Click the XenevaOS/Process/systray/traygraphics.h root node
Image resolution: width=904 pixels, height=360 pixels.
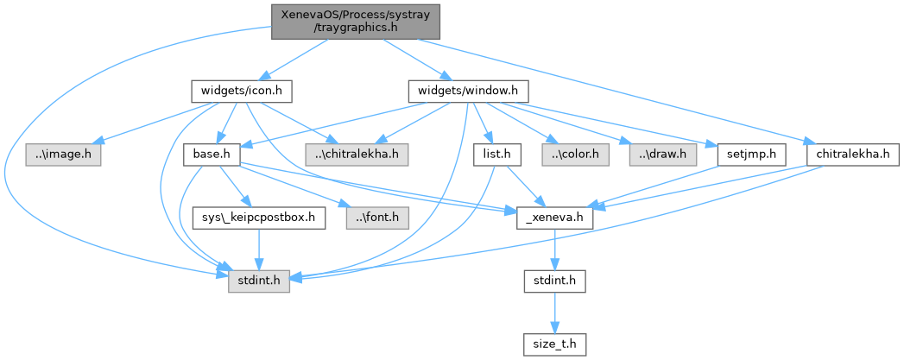point(356,21)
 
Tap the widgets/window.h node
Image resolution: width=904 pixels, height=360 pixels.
point(467,90)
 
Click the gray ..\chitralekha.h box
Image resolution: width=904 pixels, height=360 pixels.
point(357,155)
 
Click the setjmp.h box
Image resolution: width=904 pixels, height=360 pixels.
point(751,155)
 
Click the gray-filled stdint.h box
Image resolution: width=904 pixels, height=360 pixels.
point(258,281)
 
